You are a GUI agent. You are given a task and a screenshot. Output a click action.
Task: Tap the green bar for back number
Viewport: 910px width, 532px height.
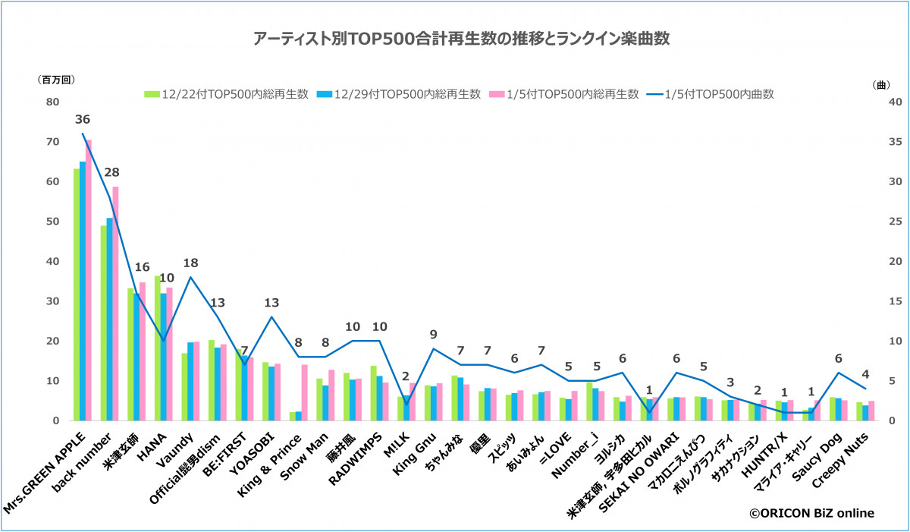[x=104, y=323]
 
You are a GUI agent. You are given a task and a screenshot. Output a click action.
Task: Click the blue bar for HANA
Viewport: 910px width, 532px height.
[x=163, y=357]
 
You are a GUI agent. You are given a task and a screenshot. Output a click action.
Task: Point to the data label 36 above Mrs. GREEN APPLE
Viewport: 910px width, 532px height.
[x=83, y=120]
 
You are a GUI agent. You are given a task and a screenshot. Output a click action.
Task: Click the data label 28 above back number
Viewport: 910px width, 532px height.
[x=111, y=172]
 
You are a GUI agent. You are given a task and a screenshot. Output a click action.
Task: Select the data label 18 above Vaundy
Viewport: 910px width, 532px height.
[x=190, y=262]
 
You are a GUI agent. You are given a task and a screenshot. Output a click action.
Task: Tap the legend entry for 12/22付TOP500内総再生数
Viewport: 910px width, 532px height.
[x=227, y=94]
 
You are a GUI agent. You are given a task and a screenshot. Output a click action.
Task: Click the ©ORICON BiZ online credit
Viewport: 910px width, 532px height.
[x=812, y=514]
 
